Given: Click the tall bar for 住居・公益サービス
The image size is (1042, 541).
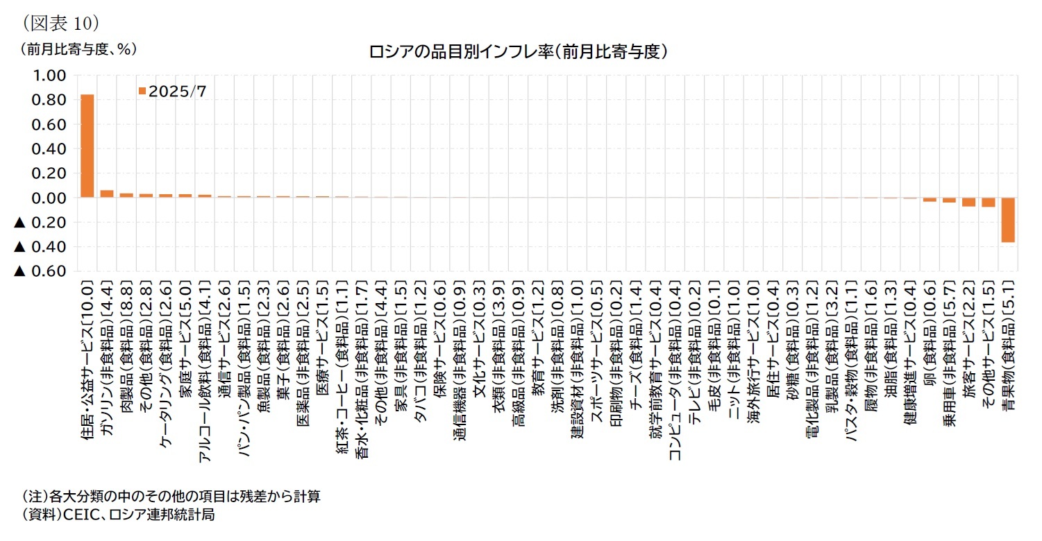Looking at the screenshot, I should pyautogui.click(x=87, y=146).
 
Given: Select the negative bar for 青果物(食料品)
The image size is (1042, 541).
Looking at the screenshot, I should pyautogui.click(x=1008, y=220).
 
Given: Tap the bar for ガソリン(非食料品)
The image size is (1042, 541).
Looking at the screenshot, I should pyautogui.click(x=107, y=194).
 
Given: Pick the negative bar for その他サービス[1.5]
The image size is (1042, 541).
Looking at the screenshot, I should pyautogui.click(x=989, y=203).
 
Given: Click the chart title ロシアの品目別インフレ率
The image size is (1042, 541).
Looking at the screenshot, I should pyautogui.click(x=519, y=51).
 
